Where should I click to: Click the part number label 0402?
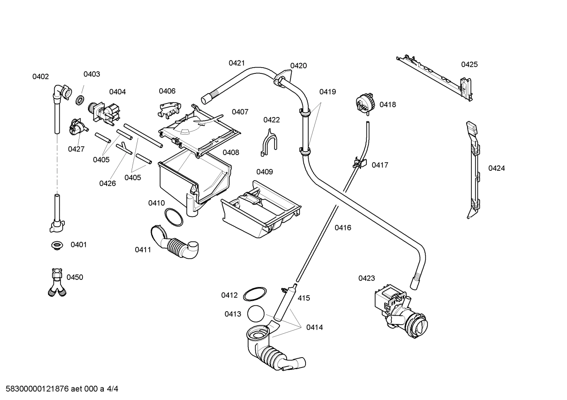pyautogui.click(x=40, y=77)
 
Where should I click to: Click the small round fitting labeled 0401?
pyautogui.click(x=57, y=246)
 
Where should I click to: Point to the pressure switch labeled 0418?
pyautogui.click(x=364, y=104)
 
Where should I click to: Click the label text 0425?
pyautogui.click(x=469, y=64)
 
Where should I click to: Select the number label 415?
pyautogui.click(x=304, y=298)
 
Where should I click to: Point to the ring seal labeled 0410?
pyautogui.click(x=173, y=217)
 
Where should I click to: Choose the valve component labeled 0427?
pyautogui.click(x=77, y=127)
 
